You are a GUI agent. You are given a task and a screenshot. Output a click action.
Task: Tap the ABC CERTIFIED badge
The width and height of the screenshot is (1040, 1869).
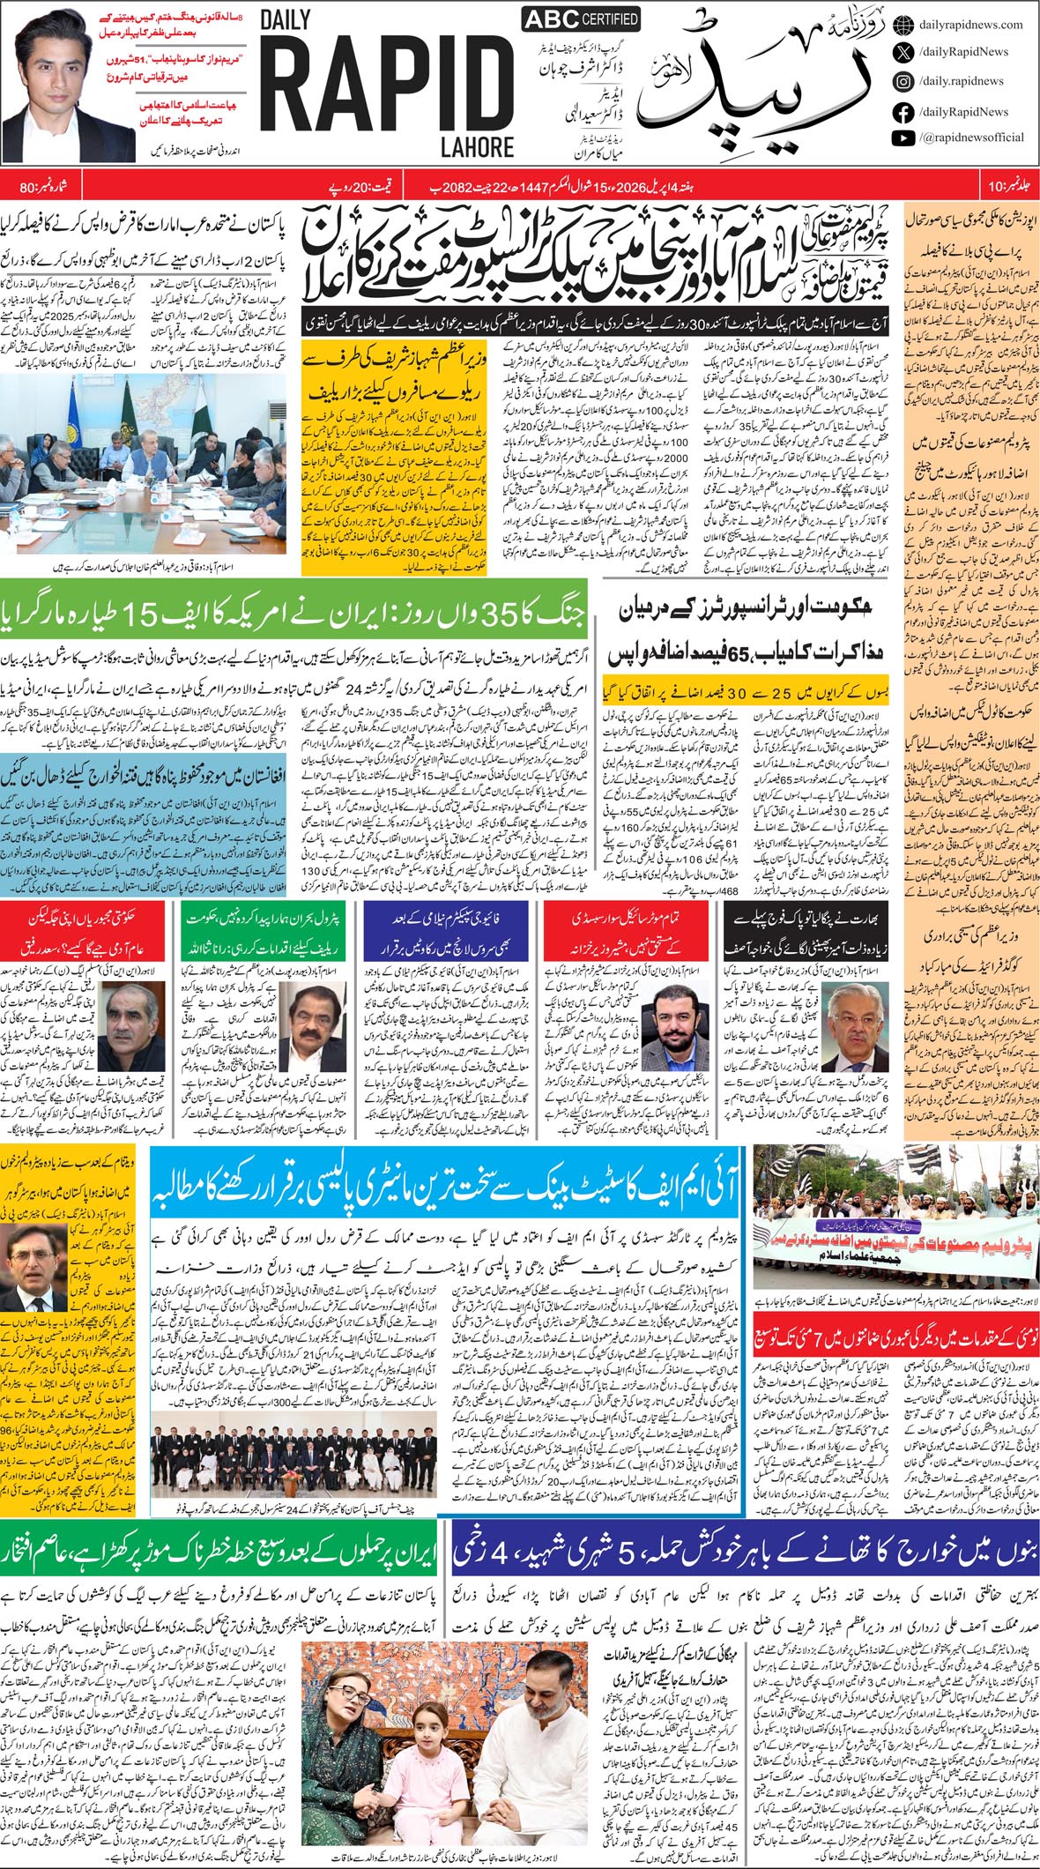[x=568, y=19]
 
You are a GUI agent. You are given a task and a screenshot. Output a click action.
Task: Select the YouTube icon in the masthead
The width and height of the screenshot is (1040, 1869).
[x=903, y=138]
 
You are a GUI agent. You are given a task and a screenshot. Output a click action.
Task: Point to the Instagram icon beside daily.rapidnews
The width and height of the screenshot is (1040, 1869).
[x=903, y=81]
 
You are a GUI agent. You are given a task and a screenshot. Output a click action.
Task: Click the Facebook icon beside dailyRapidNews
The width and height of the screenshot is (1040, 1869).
[x=903, y=112]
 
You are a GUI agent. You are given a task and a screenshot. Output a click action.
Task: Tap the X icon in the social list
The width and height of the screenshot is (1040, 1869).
[x=903, y=53]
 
